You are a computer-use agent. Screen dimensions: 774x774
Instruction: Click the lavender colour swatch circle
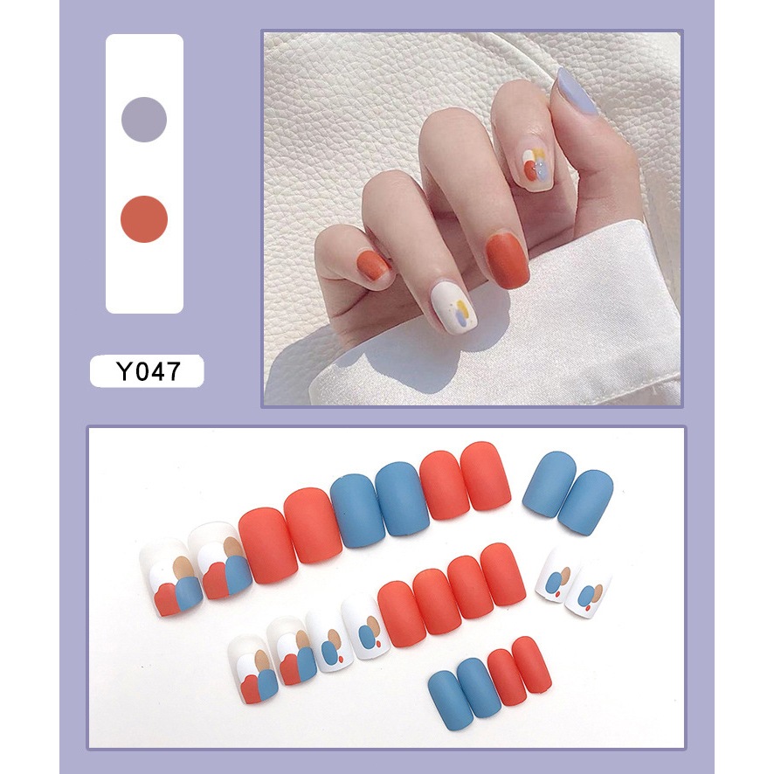pyautogui.click(x=144, y=120)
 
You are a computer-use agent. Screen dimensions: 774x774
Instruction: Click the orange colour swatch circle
pyautogui.click(x=144, y=219)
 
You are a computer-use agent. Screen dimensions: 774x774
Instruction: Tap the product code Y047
pyautogui.click(x=147, y=371)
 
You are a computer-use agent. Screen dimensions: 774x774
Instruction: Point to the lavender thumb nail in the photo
pyautogui.click(x=576, y=92)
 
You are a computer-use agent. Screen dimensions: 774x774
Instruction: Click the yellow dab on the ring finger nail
pyautogui.click(x=463, y=306)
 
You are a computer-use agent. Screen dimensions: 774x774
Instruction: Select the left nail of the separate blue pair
pyautogui.click(x=548, y=483)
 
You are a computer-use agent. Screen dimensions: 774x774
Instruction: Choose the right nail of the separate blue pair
pyautogui.click(x=585, y=501)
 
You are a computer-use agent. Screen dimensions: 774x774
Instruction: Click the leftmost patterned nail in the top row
pyautogui.click(x=166, y=577)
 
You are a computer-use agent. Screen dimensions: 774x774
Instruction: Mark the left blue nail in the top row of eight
pyautogui.click(x=358, y=510)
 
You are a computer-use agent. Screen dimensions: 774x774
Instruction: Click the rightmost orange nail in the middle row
pyautogui.click(x=503, y=574)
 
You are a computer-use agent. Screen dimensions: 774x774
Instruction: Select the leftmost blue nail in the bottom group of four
pyautogui.click(x=451, y=700)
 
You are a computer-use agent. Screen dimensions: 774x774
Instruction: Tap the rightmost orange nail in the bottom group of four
pyautogui.click(x=531, y=665)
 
